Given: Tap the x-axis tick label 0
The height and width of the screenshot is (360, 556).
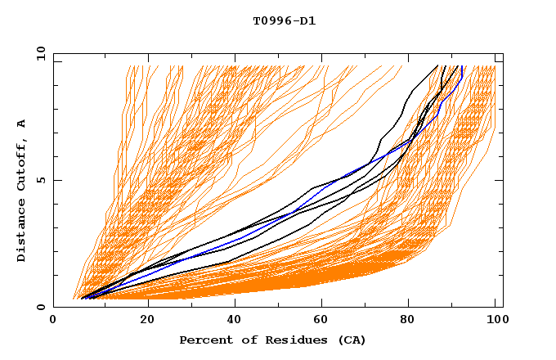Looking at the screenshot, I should pos(54,322).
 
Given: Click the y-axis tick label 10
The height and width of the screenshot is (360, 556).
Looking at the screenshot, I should pos(40,53).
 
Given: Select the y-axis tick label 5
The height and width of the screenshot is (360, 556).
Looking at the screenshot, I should pos(43,180).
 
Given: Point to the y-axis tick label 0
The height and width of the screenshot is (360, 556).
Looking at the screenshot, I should pos(43,307).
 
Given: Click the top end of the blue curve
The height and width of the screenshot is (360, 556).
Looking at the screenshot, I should pos(462,66).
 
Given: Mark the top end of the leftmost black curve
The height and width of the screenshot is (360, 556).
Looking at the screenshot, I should pos(438,65).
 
